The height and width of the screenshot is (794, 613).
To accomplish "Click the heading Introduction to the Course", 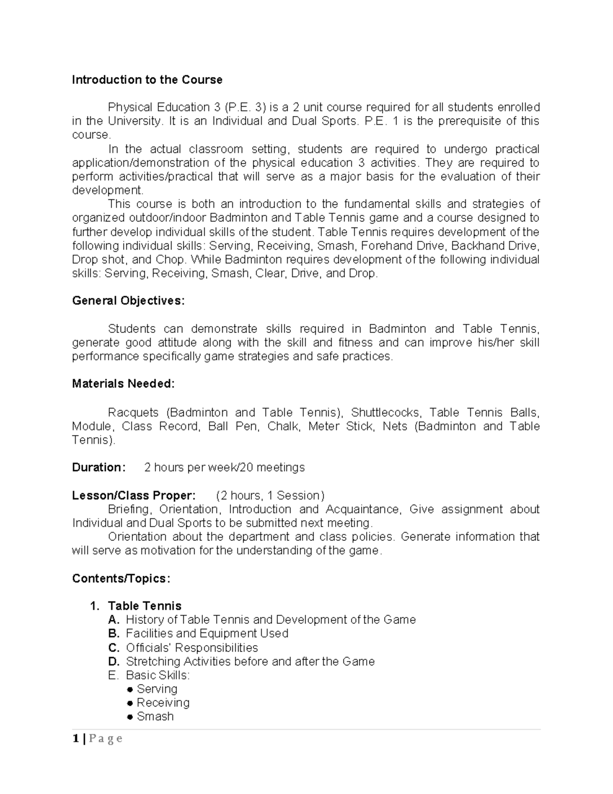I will point(147,80).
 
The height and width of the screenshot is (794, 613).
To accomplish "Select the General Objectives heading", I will point(128,301).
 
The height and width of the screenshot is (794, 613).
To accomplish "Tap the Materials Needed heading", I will point(123,384).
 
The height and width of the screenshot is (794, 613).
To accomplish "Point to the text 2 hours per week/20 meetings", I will point(224,467).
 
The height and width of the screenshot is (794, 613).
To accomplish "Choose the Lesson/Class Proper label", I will point(133,495).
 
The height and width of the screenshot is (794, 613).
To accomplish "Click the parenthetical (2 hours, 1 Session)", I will point(270,495).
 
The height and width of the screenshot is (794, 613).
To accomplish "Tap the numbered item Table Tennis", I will point(145,606).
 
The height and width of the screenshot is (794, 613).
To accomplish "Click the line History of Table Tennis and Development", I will point(271,620).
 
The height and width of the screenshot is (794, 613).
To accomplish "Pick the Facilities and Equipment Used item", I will point(207,633).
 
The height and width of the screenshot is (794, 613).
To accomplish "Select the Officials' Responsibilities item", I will point(192,648).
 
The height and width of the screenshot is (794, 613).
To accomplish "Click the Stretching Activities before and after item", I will point(250,662).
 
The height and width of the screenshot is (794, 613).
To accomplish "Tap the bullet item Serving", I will point(157,689).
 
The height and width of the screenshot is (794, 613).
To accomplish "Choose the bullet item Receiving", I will point(163,703).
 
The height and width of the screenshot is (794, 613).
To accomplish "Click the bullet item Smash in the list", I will point(155,717).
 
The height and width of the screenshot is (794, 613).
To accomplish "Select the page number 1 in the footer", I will point(76,739).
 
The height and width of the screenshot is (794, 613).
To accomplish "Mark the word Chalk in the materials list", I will point(284,426).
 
